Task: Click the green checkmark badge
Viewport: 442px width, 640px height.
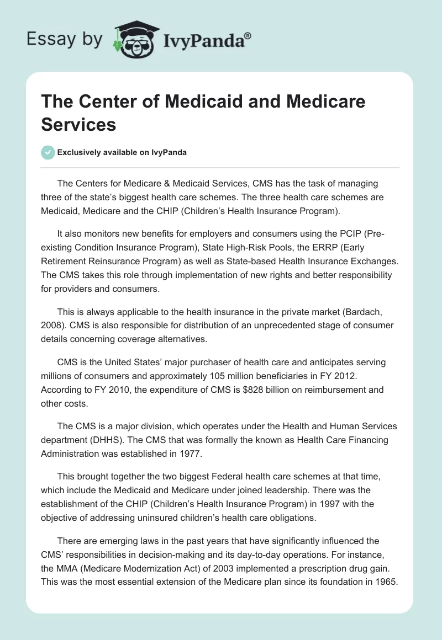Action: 48,152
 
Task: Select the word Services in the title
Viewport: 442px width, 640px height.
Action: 78,124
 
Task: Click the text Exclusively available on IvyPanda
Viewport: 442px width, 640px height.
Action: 122,153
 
